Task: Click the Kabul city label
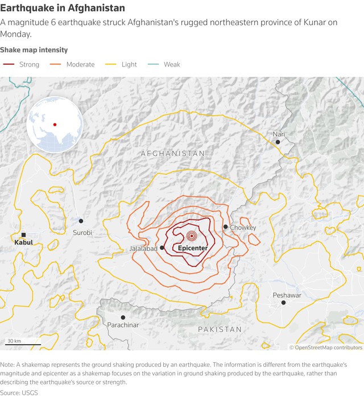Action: [23, 243]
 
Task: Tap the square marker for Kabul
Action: [23, 235]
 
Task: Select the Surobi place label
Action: [82, 233]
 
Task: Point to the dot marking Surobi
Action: [81, 221]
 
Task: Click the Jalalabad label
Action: [143, 249]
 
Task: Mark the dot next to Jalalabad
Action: [162, 248]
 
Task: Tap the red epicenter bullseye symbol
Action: [191, 236]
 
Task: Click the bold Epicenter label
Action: [192, 249]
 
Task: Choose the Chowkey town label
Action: [243, 228]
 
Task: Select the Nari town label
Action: [279, 134]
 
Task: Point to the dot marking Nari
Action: [278, 142]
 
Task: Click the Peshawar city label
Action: [287, 295]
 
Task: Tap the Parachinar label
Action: [123, 325]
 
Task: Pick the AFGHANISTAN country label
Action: [173, 154]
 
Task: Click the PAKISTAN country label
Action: [220, 329]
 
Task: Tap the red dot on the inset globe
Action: [55, 125]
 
